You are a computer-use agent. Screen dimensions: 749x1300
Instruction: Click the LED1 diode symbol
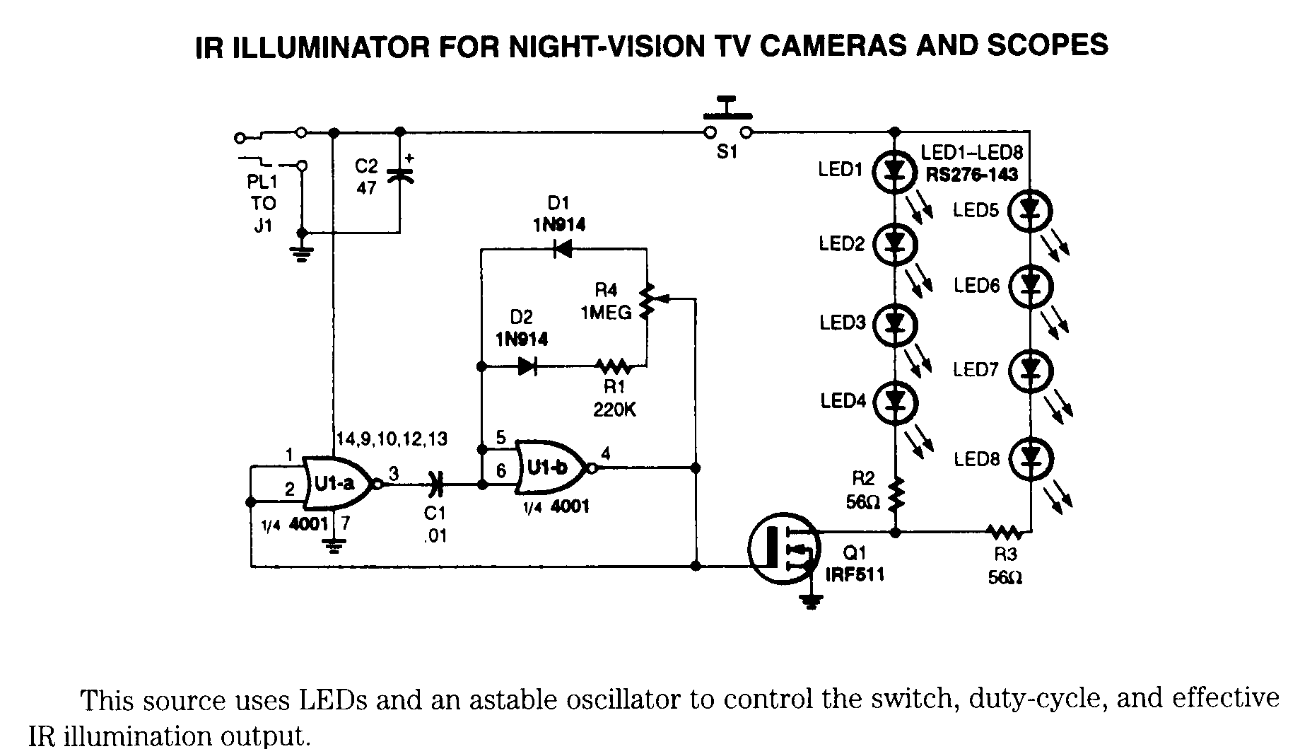894,170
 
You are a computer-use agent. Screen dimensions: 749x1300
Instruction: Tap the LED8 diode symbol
1031,458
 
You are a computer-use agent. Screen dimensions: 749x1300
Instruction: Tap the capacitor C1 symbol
436,484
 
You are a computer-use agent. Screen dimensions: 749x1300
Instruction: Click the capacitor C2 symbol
399,173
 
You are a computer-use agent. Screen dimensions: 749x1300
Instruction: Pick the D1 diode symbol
562,248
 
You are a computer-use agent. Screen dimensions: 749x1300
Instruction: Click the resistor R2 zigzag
896,494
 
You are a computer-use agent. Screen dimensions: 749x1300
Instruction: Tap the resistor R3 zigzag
1004,531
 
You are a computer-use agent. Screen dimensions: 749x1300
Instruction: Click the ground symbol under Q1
811,602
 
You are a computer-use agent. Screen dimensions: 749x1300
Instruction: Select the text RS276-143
971,175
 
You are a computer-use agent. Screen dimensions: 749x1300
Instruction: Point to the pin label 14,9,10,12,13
392,439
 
